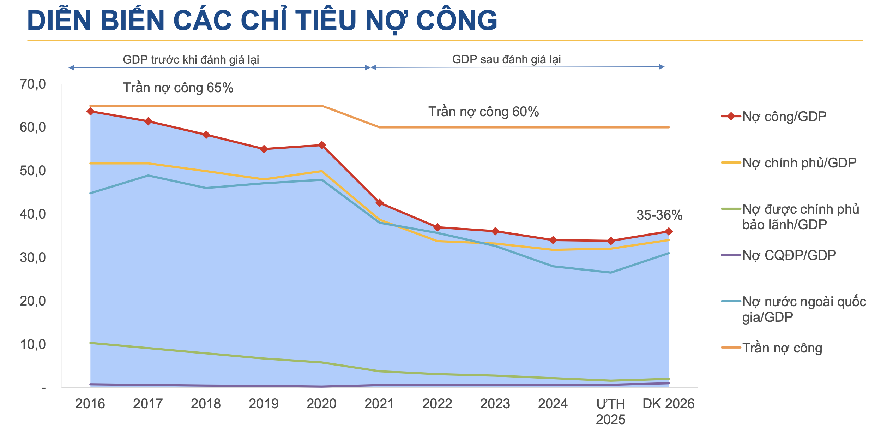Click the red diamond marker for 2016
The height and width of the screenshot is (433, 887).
point(90,111)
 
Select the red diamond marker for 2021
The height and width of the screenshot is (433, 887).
point(380,203)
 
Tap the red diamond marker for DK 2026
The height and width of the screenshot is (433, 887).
point(669,232)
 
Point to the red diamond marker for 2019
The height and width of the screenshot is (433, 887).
point(264,149)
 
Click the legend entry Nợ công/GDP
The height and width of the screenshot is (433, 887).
point(784,117)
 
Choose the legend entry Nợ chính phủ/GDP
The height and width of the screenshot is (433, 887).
point(799,163)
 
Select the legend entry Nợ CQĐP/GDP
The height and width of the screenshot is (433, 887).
point(789,255)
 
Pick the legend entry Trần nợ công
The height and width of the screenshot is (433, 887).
point(782,348)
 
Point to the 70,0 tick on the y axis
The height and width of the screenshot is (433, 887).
point(33,84)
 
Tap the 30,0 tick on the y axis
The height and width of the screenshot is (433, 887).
point(33,258)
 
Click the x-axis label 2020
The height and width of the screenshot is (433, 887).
point(321,404)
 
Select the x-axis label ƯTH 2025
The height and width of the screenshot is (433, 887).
point(611,411)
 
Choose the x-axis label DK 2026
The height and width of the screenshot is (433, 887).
point(668,404)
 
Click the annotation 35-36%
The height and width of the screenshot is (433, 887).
point(659,215)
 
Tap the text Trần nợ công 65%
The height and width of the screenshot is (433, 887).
point(178,88)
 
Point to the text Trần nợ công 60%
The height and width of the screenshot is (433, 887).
point(483,112)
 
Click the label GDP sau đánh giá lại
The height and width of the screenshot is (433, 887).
point(506,59)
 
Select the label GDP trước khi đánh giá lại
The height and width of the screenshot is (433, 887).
point(191,60)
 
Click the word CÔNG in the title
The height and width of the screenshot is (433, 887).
point(457,20)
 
